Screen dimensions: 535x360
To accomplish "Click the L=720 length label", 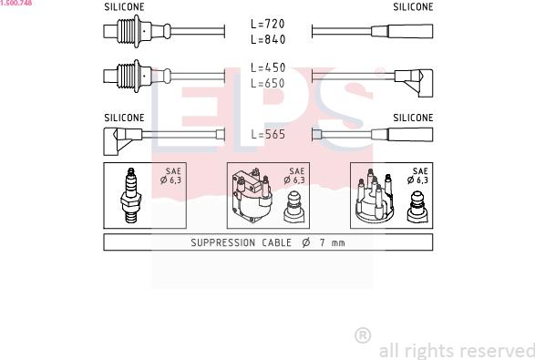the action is [268, 24].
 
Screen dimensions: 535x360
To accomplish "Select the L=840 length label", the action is [268, 39].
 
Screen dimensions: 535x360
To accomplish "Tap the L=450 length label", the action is [268, 67].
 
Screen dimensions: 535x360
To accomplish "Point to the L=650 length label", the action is [268, 83].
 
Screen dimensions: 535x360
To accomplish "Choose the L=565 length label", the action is [268, 134].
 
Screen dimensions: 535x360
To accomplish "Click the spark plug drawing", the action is [131, 195].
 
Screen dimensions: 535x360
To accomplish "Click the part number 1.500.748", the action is [16, 3].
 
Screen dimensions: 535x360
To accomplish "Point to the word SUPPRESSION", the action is [222, 242].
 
